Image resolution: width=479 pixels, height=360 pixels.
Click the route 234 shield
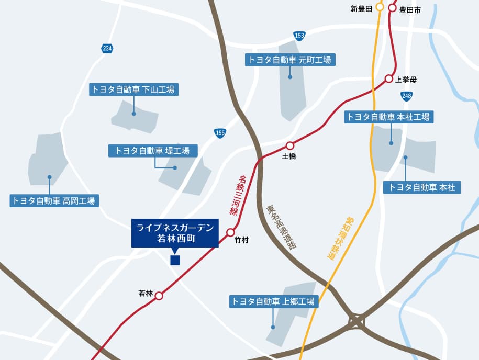[x=107, y=49]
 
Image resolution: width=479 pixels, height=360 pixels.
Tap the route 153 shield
[x=299, y=36]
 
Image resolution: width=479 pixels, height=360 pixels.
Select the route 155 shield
[x=220, y=133]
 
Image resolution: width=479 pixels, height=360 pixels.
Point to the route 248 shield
[x=407, y=96]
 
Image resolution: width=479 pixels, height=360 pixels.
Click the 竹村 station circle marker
[x=231, y=232]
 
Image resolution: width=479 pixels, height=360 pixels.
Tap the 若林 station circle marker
[x=159, y=296]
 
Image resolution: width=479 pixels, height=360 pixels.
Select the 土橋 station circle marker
[x=290, y=145]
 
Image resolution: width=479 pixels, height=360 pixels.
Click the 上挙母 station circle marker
[x=389, y=78]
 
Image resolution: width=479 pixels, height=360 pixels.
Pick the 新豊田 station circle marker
[x=380, y=8]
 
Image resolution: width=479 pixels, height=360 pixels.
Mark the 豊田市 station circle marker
[x=393, y=8]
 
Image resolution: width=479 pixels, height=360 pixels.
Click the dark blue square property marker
[x=175, y=260]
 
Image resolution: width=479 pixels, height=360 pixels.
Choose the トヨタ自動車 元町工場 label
[x=290, y=60]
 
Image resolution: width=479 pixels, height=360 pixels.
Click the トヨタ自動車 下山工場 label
[x=134, y=89]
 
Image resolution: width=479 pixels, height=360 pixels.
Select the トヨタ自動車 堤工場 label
[x=153, y=151]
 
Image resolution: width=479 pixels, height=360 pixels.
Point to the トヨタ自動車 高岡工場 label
[x=54, y=200]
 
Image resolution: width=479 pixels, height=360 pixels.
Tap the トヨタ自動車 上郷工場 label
[x=273, y=301]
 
